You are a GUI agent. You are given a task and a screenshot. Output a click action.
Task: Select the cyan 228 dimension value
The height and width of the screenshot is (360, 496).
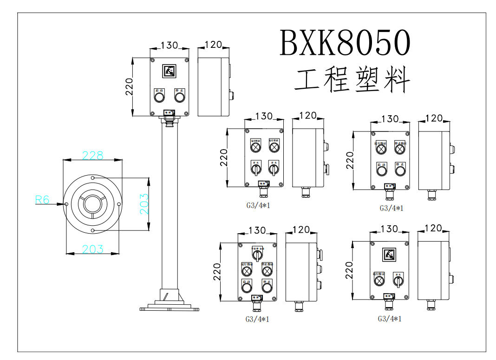click(x=93, y=155)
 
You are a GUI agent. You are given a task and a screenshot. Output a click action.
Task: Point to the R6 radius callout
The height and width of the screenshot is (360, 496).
click(x=42, y=200)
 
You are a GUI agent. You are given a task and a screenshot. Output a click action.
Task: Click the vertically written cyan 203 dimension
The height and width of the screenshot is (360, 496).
click(x=145, y=203)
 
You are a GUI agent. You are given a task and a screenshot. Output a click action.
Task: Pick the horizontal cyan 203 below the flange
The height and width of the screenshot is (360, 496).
click(x=93, y=249)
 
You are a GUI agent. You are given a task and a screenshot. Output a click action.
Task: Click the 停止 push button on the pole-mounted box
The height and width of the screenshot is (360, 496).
click(x=180, y=97)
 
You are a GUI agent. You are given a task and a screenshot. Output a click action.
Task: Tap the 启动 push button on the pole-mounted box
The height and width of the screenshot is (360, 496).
click(x=159, y=97)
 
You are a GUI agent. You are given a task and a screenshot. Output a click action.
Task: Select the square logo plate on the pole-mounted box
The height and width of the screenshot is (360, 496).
click(x=169, y=71)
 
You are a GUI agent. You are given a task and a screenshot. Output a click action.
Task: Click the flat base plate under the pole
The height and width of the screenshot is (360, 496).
click(x=169, y=308)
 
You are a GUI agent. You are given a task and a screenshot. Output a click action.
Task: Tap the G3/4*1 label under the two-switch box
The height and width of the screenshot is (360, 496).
click(x=258, y=204)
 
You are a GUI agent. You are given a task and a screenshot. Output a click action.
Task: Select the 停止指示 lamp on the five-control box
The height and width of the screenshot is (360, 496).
click(x=267, y=271)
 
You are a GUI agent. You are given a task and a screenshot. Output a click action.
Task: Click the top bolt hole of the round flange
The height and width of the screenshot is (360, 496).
click(x=93, y=178)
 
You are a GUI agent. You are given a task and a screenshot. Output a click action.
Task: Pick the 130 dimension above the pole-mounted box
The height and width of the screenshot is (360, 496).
click(x=169, y=45)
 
